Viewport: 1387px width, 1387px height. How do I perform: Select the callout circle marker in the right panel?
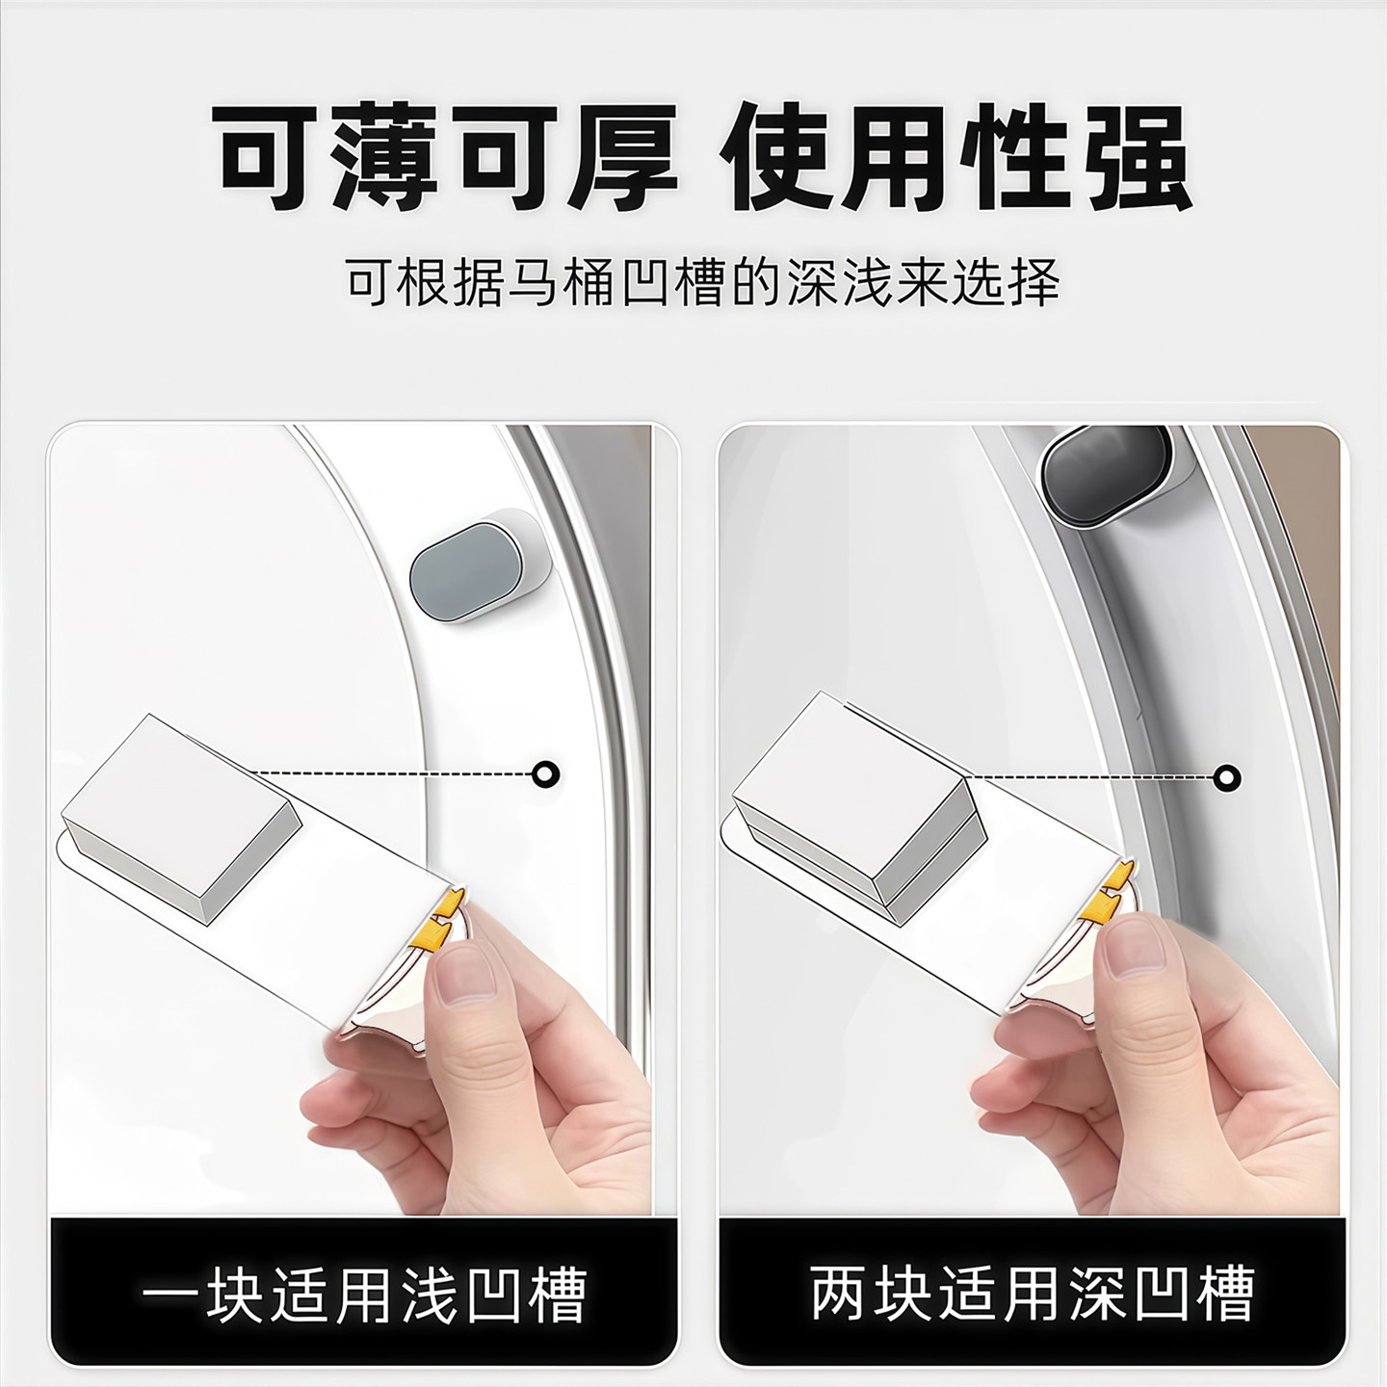[1226, 776]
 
